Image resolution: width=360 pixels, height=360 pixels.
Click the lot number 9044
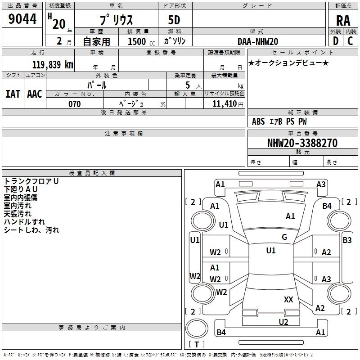pyautogui.click(x=22, y=19)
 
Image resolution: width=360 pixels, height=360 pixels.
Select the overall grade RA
pyautogui.click(x=343, y=21)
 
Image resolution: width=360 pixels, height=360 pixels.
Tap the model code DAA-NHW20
pyautogui.click(x=258, y=41)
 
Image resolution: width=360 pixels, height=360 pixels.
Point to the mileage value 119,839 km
pyautogui.click(x=53, y=64)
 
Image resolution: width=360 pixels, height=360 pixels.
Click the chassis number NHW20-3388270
pyautogui.click(x=302, y=143)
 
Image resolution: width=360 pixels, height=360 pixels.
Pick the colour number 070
pyautogui.click(x=74, y=104)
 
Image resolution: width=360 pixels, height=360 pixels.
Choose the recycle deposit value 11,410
pyautogui.click(x=224, y=104)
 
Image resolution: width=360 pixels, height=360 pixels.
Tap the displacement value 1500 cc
pyautogui.click(x=141, y=41)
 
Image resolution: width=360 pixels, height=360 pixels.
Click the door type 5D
pyautogui.click(x=174, y=20)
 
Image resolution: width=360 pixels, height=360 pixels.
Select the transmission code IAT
pyautogui.click(x=13, y=94)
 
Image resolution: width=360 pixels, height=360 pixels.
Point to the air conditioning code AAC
pyautogui.click(x=35, y=94)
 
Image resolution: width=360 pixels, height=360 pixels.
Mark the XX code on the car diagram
pyautogui.click(x=288, y=299)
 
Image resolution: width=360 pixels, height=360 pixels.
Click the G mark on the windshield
pyautogui.click(x=284, y=237)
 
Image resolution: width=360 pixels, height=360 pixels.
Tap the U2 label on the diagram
pyautogui.click(x=283, y=322)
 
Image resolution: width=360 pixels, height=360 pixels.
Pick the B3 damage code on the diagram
pyautogui.click(x=347, y=240)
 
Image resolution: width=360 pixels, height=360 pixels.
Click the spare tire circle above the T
pyautogui.click(x=197, y=328)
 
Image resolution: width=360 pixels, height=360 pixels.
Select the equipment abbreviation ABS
pyautogui.click(x=258, y=121)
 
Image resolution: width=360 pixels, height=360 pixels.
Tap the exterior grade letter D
pyautogui.click(x=335, y=41)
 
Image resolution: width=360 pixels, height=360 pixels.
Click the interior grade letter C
pyautogui.click(x=350, y=41)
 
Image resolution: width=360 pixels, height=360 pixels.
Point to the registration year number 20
pyautogui.click(x=59, y=24)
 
